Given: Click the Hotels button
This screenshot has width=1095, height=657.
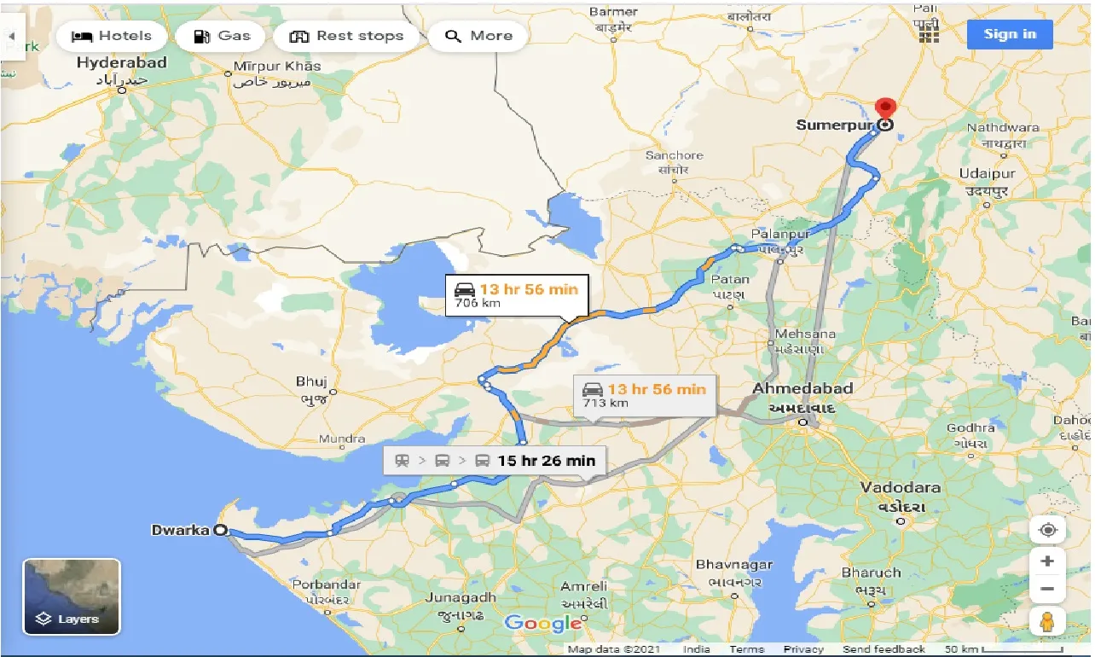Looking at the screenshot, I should pyautogui.click(x=111, y=36).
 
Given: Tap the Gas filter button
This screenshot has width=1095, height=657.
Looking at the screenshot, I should pyautogui.click(x=222, y=36).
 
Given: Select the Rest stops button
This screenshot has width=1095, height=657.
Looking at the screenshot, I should pyautogui.click(x=345, y=36).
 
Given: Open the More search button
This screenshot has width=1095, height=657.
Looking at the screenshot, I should pyautogui.click(x=478, y=36).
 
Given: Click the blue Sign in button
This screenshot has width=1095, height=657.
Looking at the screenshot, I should pyautogui.click(x=1010, y=34).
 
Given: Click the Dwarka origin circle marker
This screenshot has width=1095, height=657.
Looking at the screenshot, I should pyautogui.click(x=220, y=530).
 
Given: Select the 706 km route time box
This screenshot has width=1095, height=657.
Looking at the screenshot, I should pyautogui.click(x=516, y=294).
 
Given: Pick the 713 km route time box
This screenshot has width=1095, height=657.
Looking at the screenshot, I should pyautogui.click(x=645, y=394).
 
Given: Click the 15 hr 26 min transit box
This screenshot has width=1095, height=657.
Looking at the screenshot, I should pyautogui.click(x=495, y=461).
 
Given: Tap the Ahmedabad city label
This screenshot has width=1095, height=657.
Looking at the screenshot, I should pyautogui.click(x=802, y=389).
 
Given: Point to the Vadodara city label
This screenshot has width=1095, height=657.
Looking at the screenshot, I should pyautogui.click(x=900, y=488).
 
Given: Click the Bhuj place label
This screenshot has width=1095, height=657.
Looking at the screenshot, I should pyautogui.click(x=310, y=381).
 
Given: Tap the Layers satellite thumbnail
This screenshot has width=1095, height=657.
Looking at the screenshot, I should pyautogui.click(x=72, y=596).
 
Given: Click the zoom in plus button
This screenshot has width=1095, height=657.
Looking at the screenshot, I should pyautogui.click(x=1048, y=561).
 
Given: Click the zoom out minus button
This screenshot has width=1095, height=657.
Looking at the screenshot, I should pyautogui.click(x=1048, y=590).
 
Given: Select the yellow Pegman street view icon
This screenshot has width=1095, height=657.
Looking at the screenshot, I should pyautogui.click(x=1048, y=621).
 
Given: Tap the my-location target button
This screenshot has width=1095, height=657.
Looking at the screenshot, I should pyautogui.click(x=1048, y=530).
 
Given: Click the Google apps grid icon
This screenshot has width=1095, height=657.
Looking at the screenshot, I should pyautogui.click(x=929, y=33).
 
